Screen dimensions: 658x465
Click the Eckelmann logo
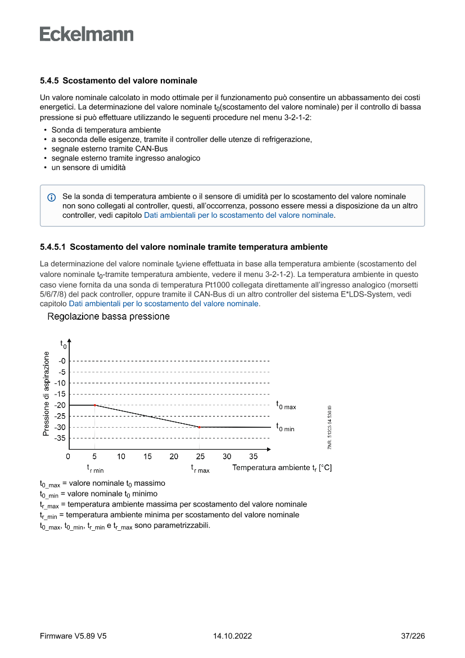point(87,34)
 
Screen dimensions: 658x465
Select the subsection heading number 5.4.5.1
point(53,247)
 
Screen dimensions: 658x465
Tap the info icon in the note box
point(51,198)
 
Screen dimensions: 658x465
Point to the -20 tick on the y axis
point(60,405)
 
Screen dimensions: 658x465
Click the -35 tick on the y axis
point(60,438)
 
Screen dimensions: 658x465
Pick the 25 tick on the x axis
point(200,456)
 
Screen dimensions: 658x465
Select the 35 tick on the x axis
point(253,456)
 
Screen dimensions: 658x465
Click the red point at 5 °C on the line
point(95,405)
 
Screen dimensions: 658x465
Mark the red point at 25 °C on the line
point(200,427)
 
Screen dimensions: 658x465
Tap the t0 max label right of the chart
point(286,405)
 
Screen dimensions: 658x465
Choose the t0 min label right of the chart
point(285,427)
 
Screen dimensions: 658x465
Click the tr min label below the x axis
point(95,468)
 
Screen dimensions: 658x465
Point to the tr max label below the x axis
point(200,468)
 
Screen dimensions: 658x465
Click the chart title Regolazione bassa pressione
point(109,316)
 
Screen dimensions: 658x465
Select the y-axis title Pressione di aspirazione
point(46,394)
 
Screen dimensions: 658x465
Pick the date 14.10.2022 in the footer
point(232,636)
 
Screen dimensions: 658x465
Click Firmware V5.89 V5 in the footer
point(73,636)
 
